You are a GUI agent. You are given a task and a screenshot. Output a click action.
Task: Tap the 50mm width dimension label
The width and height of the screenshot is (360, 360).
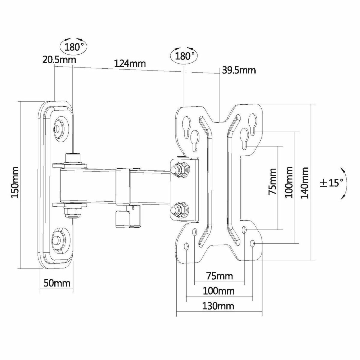[x=57, y=283]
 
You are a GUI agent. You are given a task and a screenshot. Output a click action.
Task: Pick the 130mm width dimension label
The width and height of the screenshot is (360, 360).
[x=218, y=306]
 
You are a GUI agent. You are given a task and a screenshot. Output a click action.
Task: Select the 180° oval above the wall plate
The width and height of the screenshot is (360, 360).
[x=73, y=46]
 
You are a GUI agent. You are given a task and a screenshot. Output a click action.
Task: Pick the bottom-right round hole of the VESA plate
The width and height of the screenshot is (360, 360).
[x=254, y=243]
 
